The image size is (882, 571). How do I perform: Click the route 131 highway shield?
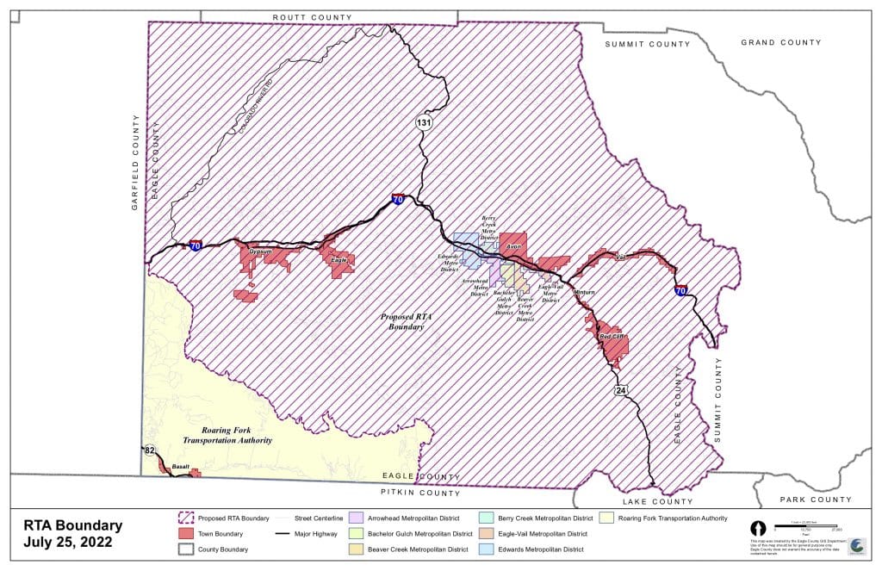(x=425, y=121)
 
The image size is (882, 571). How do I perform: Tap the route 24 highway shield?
(x=621, y=390)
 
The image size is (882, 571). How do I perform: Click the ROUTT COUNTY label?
(x=312, y=17)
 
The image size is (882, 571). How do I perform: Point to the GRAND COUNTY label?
(x=781, y=42)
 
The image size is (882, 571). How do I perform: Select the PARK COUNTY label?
(x=815, y=500)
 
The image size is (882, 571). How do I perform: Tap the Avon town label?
(x=514, y=247)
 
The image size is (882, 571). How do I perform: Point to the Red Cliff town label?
(x=612, y=336)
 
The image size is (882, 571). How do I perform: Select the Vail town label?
(x=619, y=256)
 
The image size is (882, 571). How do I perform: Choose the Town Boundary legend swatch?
(x=185, y=534)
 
